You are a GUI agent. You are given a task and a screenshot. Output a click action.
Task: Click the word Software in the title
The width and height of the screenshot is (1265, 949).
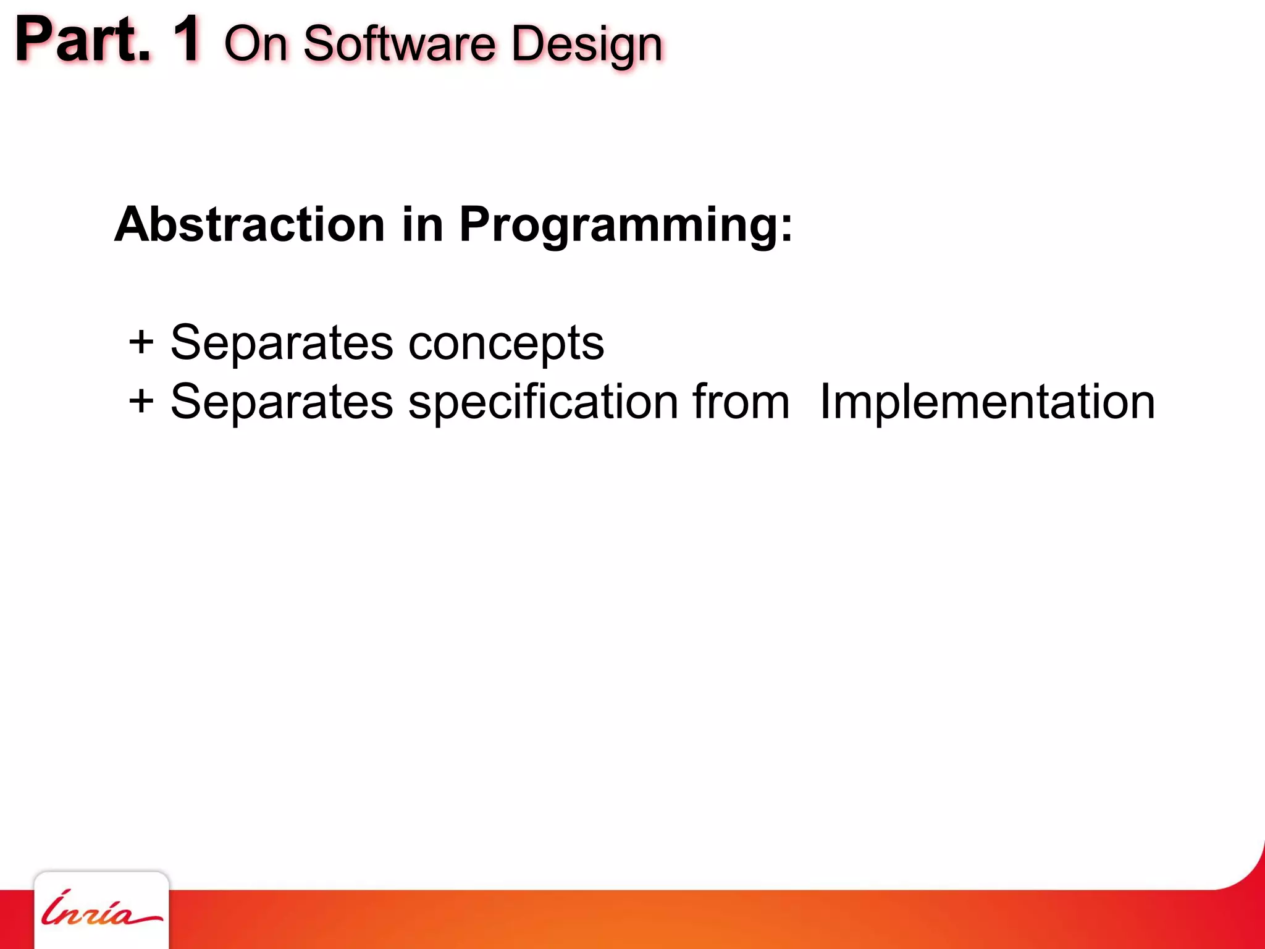(399, 44)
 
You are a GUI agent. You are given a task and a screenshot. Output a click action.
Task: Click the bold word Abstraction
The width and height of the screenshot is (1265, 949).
(250, 224)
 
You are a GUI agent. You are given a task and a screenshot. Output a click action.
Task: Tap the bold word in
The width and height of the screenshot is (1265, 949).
(422, 224)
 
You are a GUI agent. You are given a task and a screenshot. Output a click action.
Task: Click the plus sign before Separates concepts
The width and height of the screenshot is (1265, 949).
(141, 342)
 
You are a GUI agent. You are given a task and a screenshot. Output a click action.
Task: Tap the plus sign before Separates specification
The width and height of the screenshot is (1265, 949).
(141, 401)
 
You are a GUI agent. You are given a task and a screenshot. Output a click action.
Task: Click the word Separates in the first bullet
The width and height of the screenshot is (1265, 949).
(281, 343)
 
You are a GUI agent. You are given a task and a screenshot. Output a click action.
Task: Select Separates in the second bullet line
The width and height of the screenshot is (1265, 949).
(281, 402)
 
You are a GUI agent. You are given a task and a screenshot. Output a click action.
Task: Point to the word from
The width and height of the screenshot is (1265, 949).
(741, 402)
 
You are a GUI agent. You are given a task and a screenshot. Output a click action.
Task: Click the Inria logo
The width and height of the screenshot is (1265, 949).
(101, 911)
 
